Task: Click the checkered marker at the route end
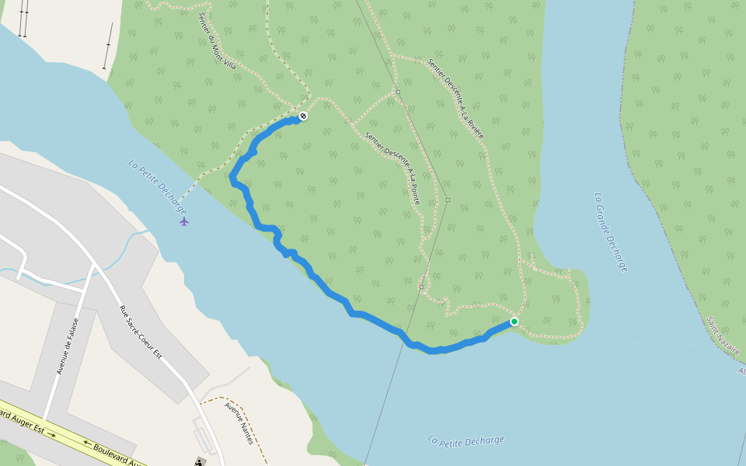click(x=303, y=116)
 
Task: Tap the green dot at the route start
click(x=514, y=322)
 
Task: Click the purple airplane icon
click(x=184, y=221)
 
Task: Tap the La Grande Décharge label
click(x=611, y=231)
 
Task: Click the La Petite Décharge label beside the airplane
click(x=158, y=187)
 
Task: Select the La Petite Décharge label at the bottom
click(x=465, y=440)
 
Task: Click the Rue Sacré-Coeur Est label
click(x=140, y=331)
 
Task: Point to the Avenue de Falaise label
click(x=68, y=346)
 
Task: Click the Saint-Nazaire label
click(x=723, y=336)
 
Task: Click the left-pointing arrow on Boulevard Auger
click(x=85, y=443)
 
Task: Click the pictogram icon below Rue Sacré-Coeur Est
click(x=200, y=461)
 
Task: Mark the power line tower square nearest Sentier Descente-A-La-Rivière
click(x=397, y=92)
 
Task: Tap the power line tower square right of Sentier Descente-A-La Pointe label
click(x=448, y=200)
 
